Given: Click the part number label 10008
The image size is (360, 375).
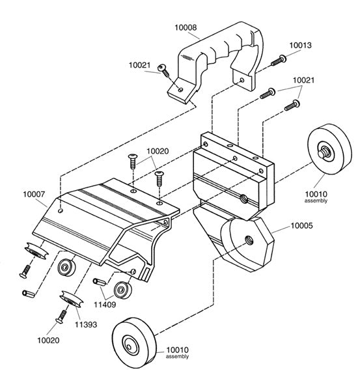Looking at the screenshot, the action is pos(186,27).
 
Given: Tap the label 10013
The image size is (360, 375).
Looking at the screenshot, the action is pos(301,45).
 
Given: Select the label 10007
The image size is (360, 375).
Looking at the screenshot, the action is pos(34,194).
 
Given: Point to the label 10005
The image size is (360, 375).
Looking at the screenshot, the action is pos(301,225).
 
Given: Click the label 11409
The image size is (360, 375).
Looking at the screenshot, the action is pos(105,305).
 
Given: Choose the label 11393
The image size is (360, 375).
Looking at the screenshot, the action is pos(86,324).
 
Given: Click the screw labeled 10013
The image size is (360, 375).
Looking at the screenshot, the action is pos(279,61).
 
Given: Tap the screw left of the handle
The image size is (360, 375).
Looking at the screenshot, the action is pos(163,70).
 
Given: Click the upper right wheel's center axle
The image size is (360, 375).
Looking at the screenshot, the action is pos(323,152).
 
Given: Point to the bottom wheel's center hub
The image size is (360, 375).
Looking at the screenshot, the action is pos(131,346).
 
